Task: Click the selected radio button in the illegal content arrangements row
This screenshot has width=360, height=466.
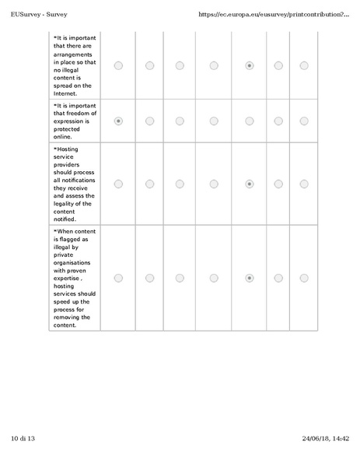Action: tap(249, 66)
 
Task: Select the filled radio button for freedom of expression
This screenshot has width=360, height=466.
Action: tap(118, 121)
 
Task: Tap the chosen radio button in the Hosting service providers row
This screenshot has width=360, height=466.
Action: tap(249, 184)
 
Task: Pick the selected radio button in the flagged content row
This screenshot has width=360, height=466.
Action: tap(249, 278)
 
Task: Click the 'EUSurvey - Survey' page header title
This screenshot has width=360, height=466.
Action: tap(40, 14)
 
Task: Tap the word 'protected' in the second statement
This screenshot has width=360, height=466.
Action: tap(68, 129)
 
